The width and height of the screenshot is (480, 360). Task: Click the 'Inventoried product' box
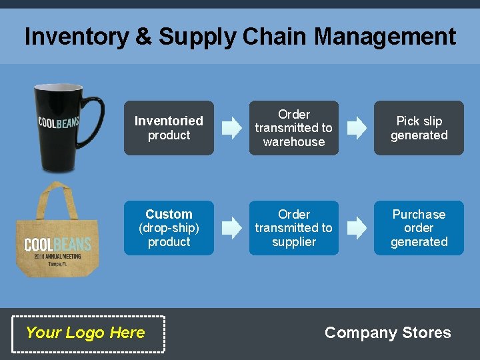(x=169, y=128)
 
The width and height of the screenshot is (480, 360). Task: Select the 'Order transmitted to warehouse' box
(x=293, y=128)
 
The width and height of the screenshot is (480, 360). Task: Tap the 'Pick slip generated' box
(x=419, y=128)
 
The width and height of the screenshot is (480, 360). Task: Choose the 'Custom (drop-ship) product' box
(x=169, y=228)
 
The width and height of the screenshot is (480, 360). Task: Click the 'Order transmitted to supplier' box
(x=293, y=228)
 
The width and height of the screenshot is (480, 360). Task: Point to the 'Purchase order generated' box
(x=419, y=228)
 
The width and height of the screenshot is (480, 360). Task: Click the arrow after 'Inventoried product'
(x=232, y=127)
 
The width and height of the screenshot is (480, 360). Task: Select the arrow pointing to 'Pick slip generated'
(x=357, y=127)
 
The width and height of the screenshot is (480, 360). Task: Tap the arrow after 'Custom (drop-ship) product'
(x=232, y=227)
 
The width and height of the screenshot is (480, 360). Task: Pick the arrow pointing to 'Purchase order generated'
(x=357, y=227)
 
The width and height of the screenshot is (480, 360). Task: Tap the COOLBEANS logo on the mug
(x=58, y=122)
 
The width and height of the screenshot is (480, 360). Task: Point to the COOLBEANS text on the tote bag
(x=57, y=245)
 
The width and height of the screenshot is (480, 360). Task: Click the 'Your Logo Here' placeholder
(x=85, y=333)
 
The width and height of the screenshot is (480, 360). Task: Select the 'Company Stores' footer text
(x=387, y=333)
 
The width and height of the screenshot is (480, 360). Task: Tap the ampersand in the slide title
(x=143, y=37)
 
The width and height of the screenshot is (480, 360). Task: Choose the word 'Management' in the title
(x=385, y=37)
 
